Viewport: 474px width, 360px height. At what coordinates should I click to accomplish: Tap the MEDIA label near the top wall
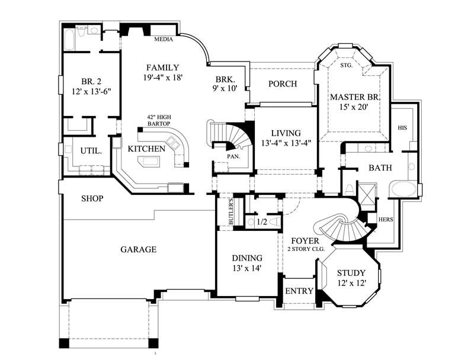(x=163, y=40)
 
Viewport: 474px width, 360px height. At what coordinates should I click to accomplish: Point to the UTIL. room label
(x=91, y=151)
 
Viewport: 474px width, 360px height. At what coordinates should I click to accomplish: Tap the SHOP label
(x=92, y=198)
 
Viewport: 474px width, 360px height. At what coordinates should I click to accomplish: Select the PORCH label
(x=283, y=83)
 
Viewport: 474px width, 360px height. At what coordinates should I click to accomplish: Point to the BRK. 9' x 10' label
(x=225, y=83)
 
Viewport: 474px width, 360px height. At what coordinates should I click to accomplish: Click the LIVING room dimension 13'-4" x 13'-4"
(x=286, y=143)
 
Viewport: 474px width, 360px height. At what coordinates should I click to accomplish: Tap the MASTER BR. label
(x=355, y=97)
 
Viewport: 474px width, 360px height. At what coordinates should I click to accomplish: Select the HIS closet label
(x=402, y=127)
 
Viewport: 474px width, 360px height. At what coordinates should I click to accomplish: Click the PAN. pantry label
(x=232, y=157)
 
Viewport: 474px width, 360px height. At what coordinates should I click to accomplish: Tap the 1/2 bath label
(x=261, y=222)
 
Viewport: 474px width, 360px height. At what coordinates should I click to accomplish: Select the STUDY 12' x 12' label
(x=351, y=278)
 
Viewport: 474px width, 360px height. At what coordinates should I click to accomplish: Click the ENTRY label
(x=299, y=291)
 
